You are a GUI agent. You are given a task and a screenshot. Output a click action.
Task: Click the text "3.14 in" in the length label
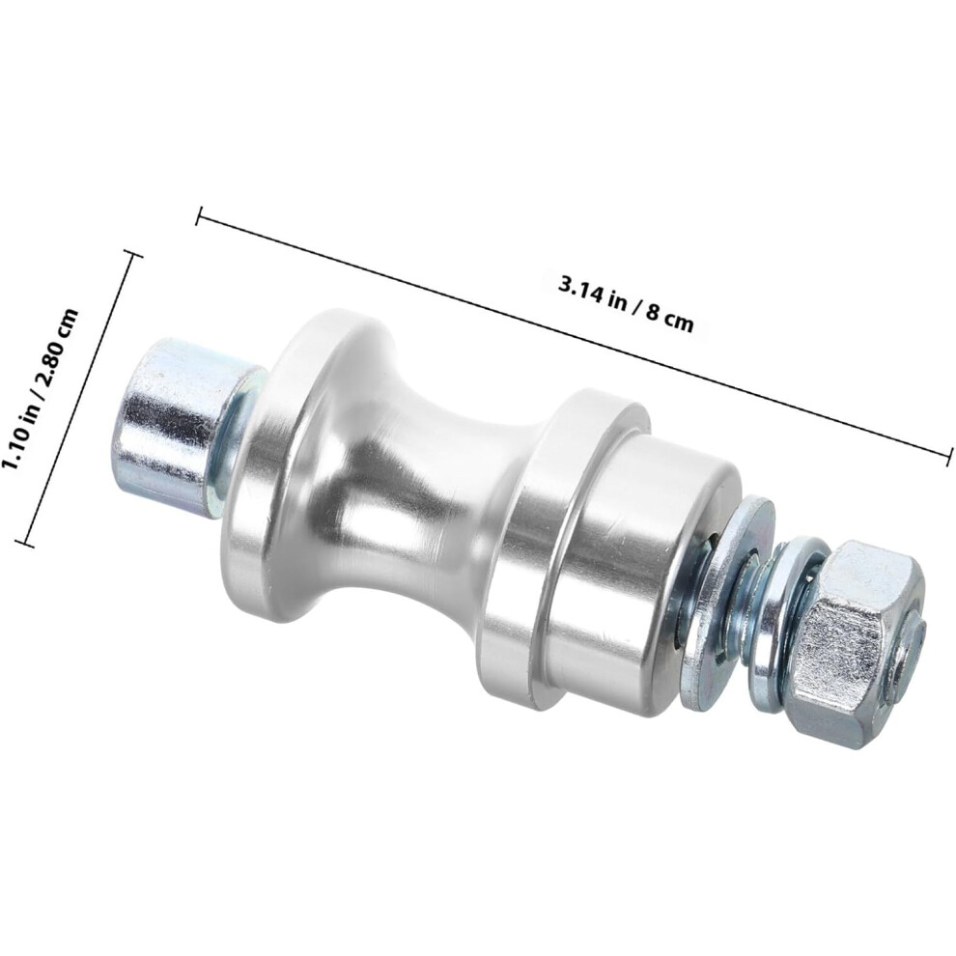[594, 292]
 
